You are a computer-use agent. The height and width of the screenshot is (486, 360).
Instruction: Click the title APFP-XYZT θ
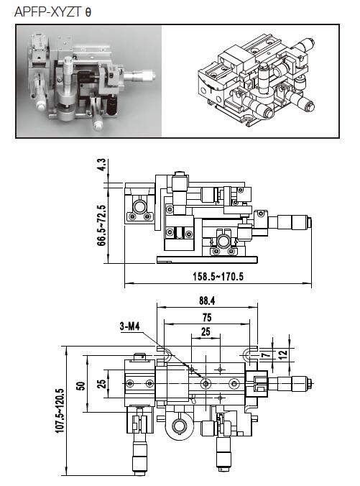pyautogui.click(x=52, y=12)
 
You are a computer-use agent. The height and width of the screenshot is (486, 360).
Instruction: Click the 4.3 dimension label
pyautogui.click(x=101, y=165)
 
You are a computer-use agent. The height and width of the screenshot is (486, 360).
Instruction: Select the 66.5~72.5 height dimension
pyautogui.click(x=101, y=225)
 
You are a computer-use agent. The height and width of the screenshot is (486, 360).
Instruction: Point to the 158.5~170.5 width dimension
pyautogui.click(x=218, y=276)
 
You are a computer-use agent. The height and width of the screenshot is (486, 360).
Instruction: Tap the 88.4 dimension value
pyautogui.click(x=207, y=301)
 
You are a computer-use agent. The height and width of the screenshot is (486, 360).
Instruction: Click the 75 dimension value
pyautogui.click(x=207, y=317)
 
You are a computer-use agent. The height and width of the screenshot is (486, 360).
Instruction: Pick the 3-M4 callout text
pyautogui.click(x=130, y=326)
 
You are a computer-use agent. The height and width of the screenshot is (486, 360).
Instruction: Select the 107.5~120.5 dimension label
pyautogui.click(x=60, y=411)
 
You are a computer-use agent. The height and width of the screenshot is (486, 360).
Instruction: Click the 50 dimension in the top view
pyautogui.click(x=81, y=386)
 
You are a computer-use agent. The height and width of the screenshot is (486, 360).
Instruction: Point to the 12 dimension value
pyautogui.click(x=283, y=354)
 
